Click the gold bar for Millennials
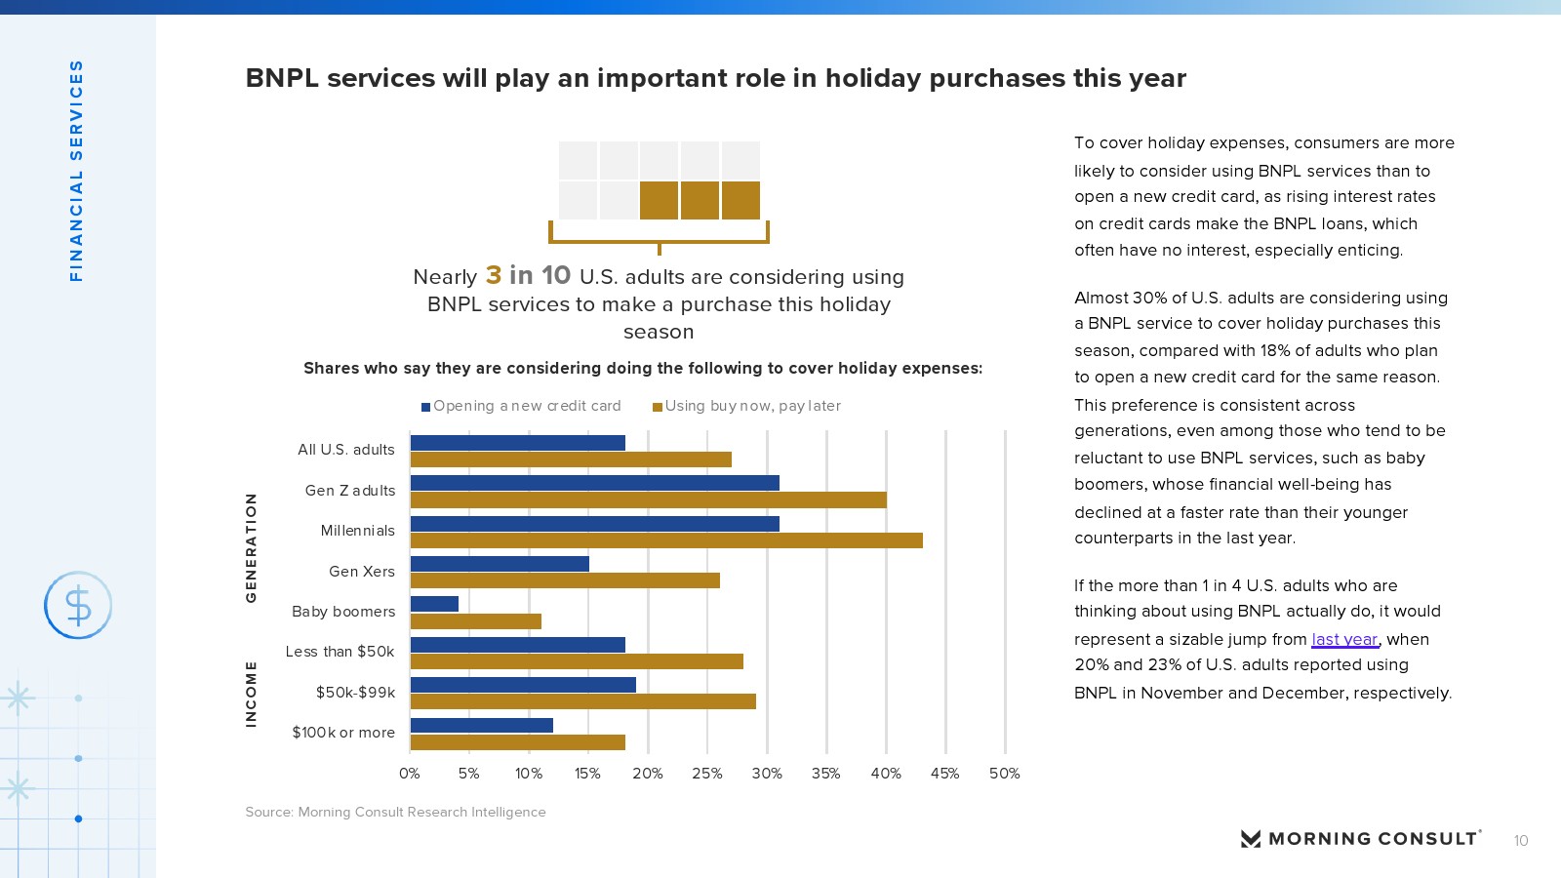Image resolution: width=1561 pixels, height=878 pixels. pyautogui.click(x=666, y=540)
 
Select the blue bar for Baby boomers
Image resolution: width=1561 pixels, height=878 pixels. pyautogui.click(x=434, y=604)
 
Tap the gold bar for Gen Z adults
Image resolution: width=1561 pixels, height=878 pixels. pyautogui.click(x=648, y=500)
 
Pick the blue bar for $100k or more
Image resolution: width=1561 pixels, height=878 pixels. pyautogui.click(x=482, y=725)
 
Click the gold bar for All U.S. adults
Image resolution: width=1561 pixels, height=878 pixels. pyautogui.click(x=571, y=459)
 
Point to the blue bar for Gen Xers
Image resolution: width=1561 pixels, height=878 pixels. pyautogui.click(x=500, y=564)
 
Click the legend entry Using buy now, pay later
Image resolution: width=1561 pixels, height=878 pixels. pyautogui.click(x=747, y=406)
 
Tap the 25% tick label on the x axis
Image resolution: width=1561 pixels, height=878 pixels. pyautogui.click(x=707, y=774)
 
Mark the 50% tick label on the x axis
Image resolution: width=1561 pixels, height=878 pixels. pyautogui.click(x=1005, y=774)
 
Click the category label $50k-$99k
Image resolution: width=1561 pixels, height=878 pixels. pyautogui.click(x=355, y=693)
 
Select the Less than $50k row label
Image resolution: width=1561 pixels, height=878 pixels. pyautogui.click(x=340, y=652)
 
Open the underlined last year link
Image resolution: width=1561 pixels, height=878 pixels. pyautogui.click(x=1344, y=640)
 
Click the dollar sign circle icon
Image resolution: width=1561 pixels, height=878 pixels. pyautogui.click(x=78, y=606)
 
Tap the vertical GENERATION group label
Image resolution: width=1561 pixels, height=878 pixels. pyautogui.click(x=252, y=547)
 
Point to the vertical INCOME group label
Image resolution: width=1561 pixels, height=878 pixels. pyautogui.click(x=252, y=694)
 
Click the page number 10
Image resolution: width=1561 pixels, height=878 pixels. pyautogui.click(x=1521, y=841)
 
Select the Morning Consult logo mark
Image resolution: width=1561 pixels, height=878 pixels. pyautogui.click(x=1250, y=839)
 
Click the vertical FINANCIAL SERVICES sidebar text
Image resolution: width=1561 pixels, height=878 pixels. pyautogui.click(x=76, y=171)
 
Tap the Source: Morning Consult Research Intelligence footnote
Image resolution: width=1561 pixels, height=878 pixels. pyautogui.click(x=395, y=812)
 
